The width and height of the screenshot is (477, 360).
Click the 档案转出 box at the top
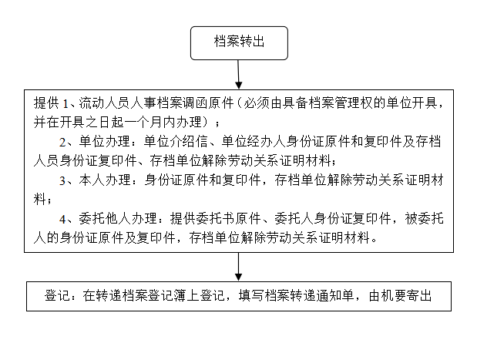click(239, 42)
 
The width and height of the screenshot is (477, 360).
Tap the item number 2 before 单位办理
click(63, 142)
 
